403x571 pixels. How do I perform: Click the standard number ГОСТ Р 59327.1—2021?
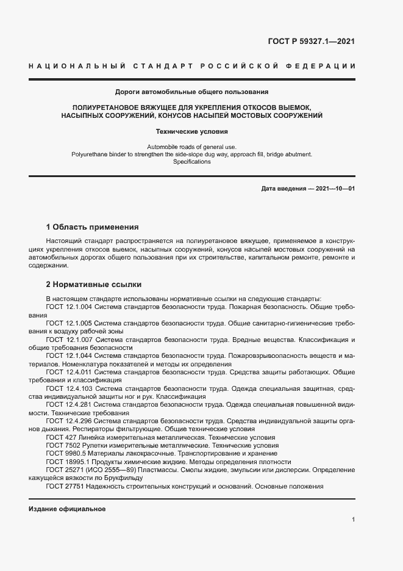[x=312, y=42]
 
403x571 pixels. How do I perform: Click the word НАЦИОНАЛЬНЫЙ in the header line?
[x=77, y=65]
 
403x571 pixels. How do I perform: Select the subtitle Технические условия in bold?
[x=191, y=131]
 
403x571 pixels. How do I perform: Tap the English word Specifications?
[x=191, y=162]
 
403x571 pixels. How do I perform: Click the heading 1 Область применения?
[x=93, y=226]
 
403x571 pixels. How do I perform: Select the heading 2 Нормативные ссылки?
[x=93, y=285]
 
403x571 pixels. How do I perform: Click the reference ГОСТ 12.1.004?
[x=69, y=307]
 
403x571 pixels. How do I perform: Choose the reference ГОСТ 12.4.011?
[x=69, y=372]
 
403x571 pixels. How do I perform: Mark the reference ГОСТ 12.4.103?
[x=69, y=388]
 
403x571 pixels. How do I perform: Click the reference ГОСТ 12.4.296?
[x=69, y=421]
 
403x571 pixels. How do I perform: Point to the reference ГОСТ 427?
[x=59, y=438]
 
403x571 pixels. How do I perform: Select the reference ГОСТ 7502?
[x=62, y=446]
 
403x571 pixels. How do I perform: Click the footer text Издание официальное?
[x=67, y=509]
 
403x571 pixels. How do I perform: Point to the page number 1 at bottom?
[x=354, y=520]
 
